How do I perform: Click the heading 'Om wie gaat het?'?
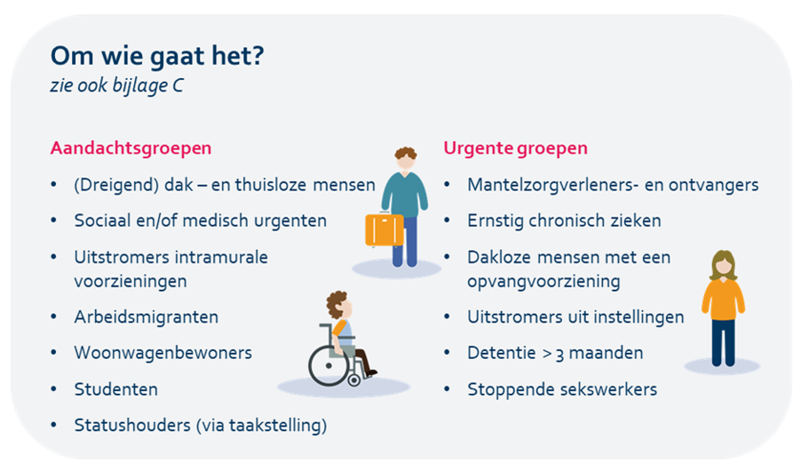pyautogui.click(x=157, y=56)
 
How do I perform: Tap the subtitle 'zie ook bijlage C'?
pyautogui.click(x=116, y=85)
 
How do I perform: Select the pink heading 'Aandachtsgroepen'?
pyautogui.click(x=131, y=148)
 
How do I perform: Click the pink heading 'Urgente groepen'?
pyautogui.click(x=515, y=148)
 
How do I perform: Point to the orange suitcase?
pyautogui.click(x=385, y=230)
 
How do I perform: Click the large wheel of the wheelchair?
pyautogui.click(x=329, y=365)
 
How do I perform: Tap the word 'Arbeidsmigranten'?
pyautogui.click(x=146, y=317)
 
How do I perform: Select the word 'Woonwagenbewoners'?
pyautogui.click(x=163, y=353)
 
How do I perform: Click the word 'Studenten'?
pyautogui.click(x=116, y=389)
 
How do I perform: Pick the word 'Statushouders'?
pyautogui.click(x=132, y=425)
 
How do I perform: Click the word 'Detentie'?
pyautogui.click(x=502, y=353)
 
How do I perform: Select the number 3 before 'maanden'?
pyautogui.click(x=559, y=355)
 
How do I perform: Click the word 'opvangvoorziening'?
pyautogui.click(x=543, y=282)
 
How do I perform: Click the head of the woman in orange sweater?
pyautogui.click(x=723, y=265)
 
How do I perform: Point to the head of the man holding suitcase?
pyautogui.click(x=406, y=159)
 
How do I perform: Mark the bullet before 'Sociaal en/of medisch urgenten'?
pyautogui.click(x=53, y=221)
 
